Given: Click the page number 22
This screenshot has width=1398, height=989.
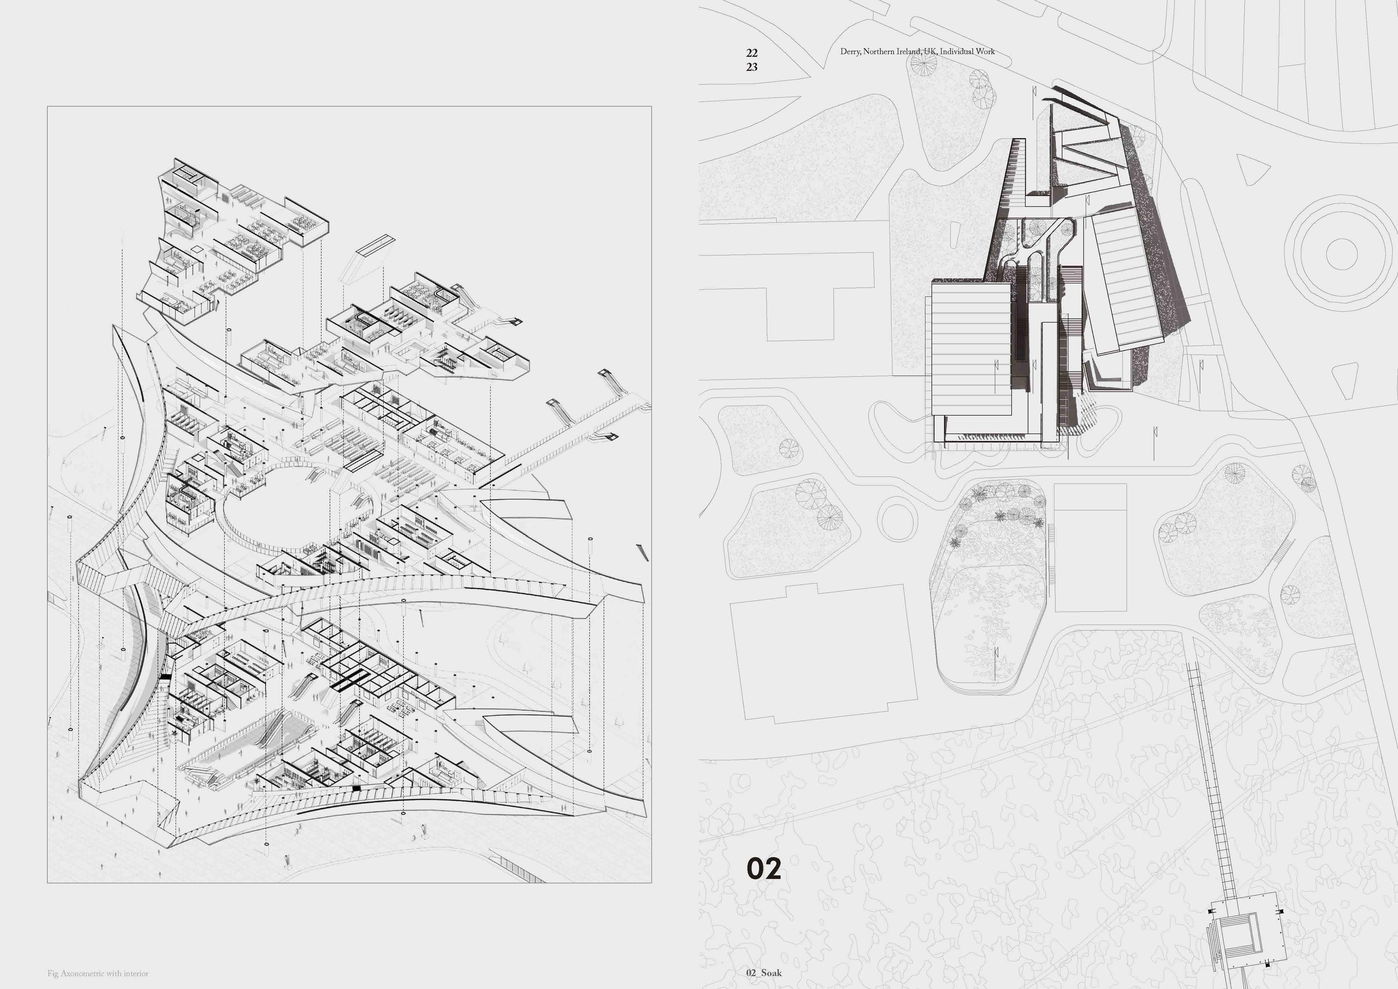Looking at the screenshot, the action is click(751, 53).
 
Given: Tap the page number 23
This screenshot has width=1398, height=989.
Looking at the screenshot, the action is click(751, 67).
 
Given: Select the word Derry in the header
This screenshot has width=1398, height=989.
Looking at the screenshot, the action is click(850, 52).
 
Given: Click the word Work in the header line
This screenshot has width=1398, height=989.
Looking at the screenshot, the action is click(985, 52).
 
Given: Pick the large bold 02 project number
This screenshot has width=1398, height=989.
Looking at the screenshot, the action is click(764, 869).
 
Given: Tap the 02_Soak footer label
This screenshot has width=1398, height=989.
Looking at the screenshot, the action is click(764, 973).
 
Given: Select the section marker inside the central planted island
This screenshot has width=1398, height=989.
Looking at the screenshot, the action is click(997, 653).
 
